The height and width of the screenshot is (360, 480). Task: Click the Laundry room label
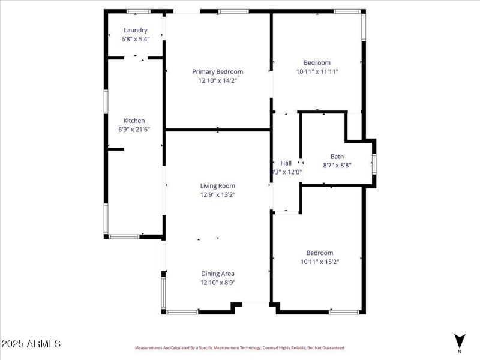136,30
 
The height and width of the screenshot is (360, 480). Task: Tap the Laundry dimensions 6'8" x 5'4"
136,38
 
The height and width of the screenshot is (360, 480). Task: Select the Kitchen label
134,121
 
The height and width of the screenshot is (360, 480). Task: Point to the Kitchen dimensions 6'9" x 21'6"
134,129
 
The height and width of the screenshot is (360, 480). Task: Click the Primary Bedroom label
217,71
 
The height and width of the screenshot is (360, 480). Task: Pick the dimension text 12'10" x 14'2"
217,80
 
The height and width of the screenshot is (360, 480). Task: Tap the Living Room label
217,186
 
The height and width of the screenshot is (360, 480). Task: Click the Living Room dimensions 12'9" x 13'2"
217,194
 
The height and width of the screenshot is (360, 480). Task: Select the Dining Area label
217,274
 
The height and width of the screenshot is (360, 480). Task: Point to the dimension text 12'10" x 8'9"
217,282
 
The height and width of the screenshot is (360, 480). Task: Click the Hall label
286,163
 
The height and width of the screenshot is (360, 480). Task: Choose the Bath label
337,157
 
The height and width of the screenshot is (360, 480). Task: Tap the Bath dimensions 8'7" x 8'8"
337,165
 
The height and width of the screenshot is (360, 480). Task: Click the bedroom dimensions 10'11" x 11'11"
317,71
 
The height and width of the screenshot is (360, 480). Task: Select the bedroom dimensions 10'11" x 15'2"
319,262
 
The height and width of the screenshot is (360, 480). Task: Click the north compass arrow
460,340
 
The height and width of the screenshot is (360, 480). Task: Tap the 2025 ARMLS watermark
31,344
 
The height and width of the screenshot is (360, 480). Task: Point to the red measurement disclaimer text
239,347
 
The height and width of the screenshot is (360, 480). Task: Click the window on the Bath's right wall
374,163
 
